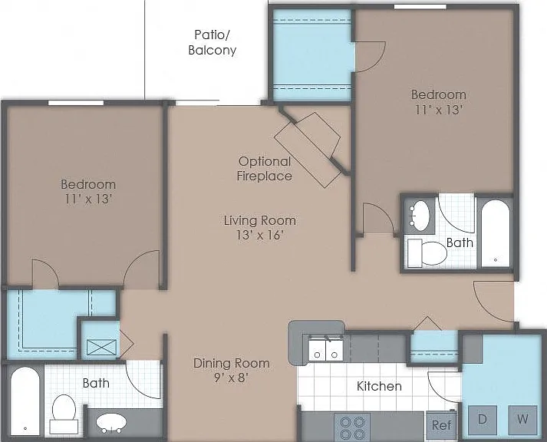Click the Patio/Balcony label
point(212,42)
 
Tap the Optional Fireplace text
point(265,169)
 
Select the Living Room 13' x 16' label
point(260,227)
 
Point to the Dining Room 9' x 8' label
point(231,370)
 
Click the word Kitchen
point(379,386)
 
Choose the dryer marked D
point(483,420)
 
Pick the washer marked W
point(522,420)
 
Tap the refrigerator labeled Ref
point(441,425)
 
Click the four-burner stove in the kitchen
point(352,427)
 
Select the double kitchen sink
point(326,350)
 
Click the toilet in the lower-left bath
point(64,414)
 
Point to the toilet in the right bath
point(427,253)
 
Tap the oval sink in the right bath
point(420,216)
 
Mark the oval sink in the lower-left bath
point(111,423)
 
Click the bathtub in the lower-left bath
point(25,401)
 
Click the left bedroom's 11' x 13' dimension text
point(88,200)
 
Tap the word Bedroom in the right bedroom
point(439,94)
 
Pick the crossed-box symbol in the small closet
point(101,347)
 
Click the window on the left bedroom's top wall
point(76,103)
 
